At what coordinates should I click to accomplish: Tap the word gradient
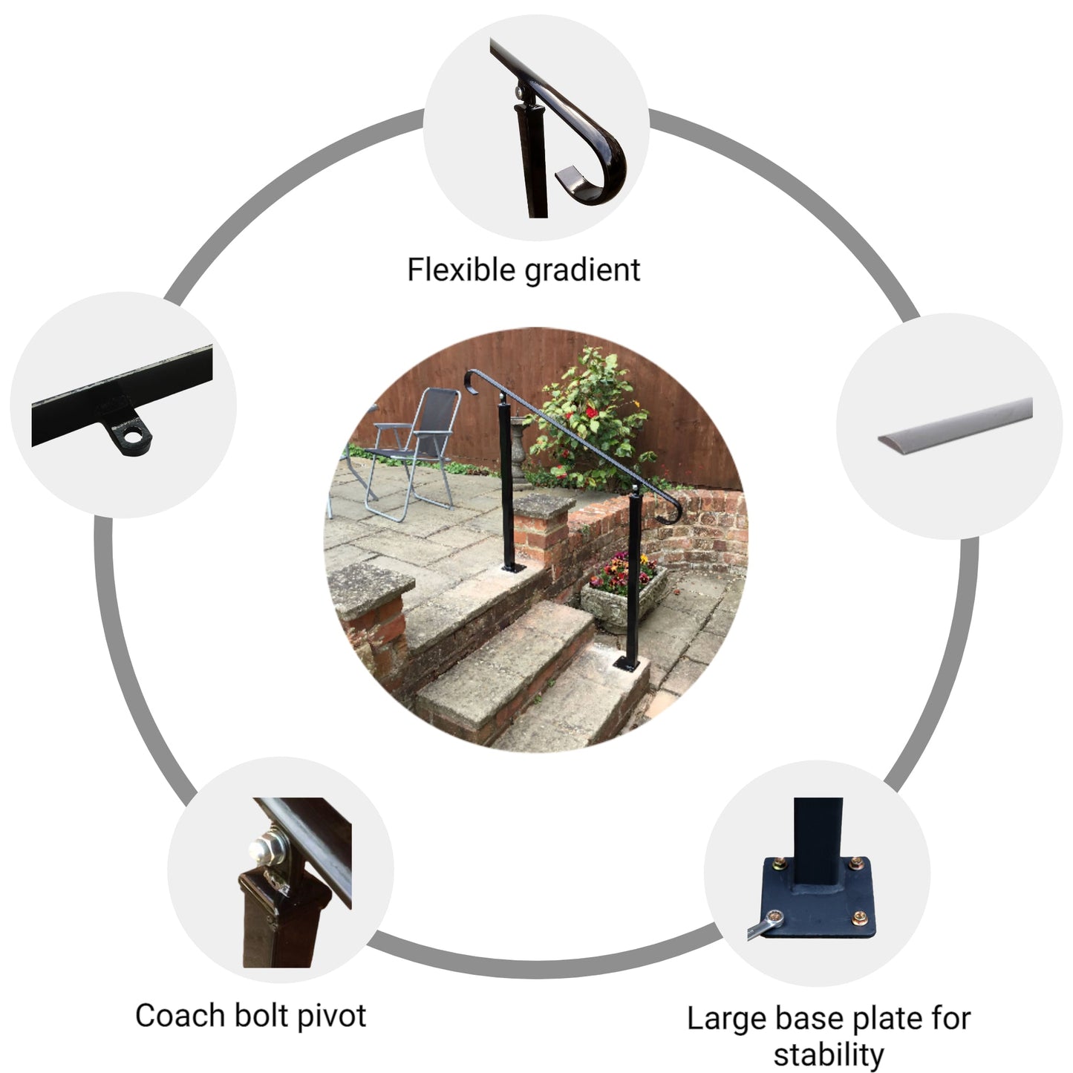click(x=582, y=270)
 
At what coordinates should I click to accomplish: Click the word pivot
click(x=332, y=1016)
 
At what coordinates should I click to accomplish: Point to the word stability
click(x=829, y=1054)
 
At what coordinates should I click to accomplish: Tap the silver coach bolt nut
click(x=261, y=849)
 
